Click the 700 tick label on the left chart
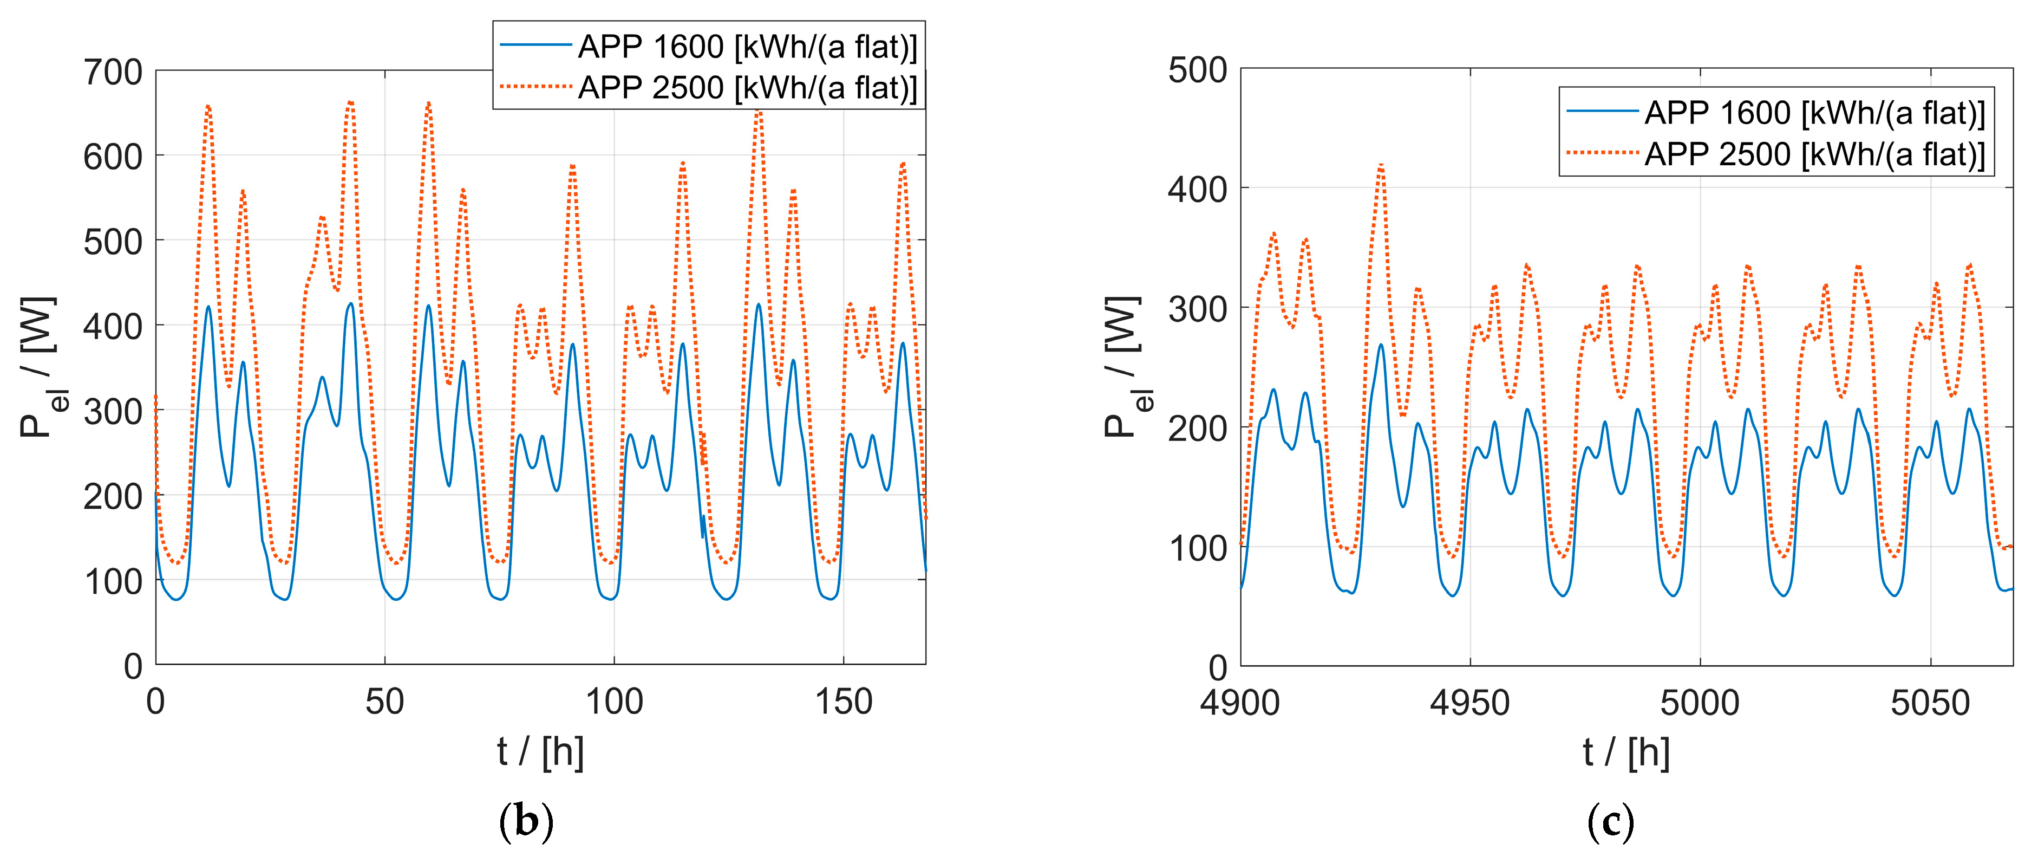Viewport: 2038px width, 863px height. coord(112,72)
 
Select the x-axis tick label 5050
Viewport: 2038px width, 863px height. coord(1930,703)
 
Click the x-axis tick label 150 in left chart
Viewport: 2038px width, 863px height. coord(844,702)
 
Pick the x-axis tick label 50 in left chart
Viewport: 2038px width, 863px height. coord(384,702)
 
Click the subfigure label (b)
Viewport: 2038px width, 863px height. coord(526,822)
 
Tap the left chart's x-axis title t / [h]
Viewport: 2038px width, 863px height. coord(540,751)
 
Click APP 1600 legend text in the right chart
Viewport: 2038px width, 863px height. coord(1815,113)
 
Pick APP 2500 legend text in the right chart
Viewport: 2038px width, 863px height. coord(1815,154)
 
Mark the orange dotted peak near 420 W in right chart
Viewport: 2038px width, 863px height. coord(1381,165)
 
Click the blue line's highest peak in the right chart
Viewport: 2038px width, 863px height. coord(1381,345)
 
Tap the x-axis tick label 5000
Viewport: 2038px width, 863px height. coord(1700,703)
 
